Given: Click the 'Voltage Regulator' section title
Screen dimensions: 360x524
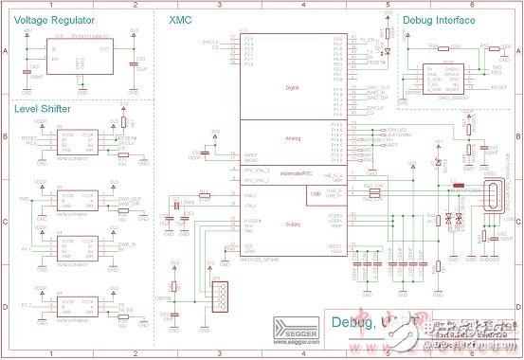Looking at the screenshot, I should [x=58, y=19].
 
